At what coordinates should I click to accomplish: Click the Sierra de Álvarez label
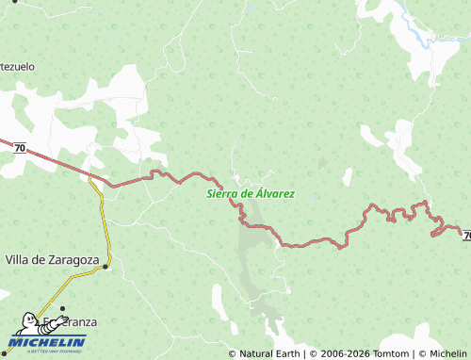(x=250, y=193)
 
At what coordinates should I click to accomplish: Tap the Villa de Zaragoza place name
(x=53, y=259)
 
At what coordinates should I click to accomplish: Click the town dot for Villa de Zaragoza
(x=106, y=266)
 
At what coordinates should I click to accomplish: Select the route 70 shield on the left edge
(x=19, y=147)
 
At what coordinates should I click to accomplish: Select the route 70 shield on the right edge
(x=466, y=233)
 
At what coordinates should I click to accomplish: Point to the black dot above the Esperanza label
(x=63, y=308)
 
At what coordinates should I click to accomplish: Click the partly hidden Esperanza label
(x=75, y=321)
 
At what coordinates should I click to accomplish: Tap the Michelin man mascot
(x=28, y=324)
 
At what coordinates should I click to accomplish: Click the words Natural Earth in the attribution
(x=268, y=354)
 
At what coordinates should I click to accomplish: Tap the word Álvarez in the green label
(x=274, y=193)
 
